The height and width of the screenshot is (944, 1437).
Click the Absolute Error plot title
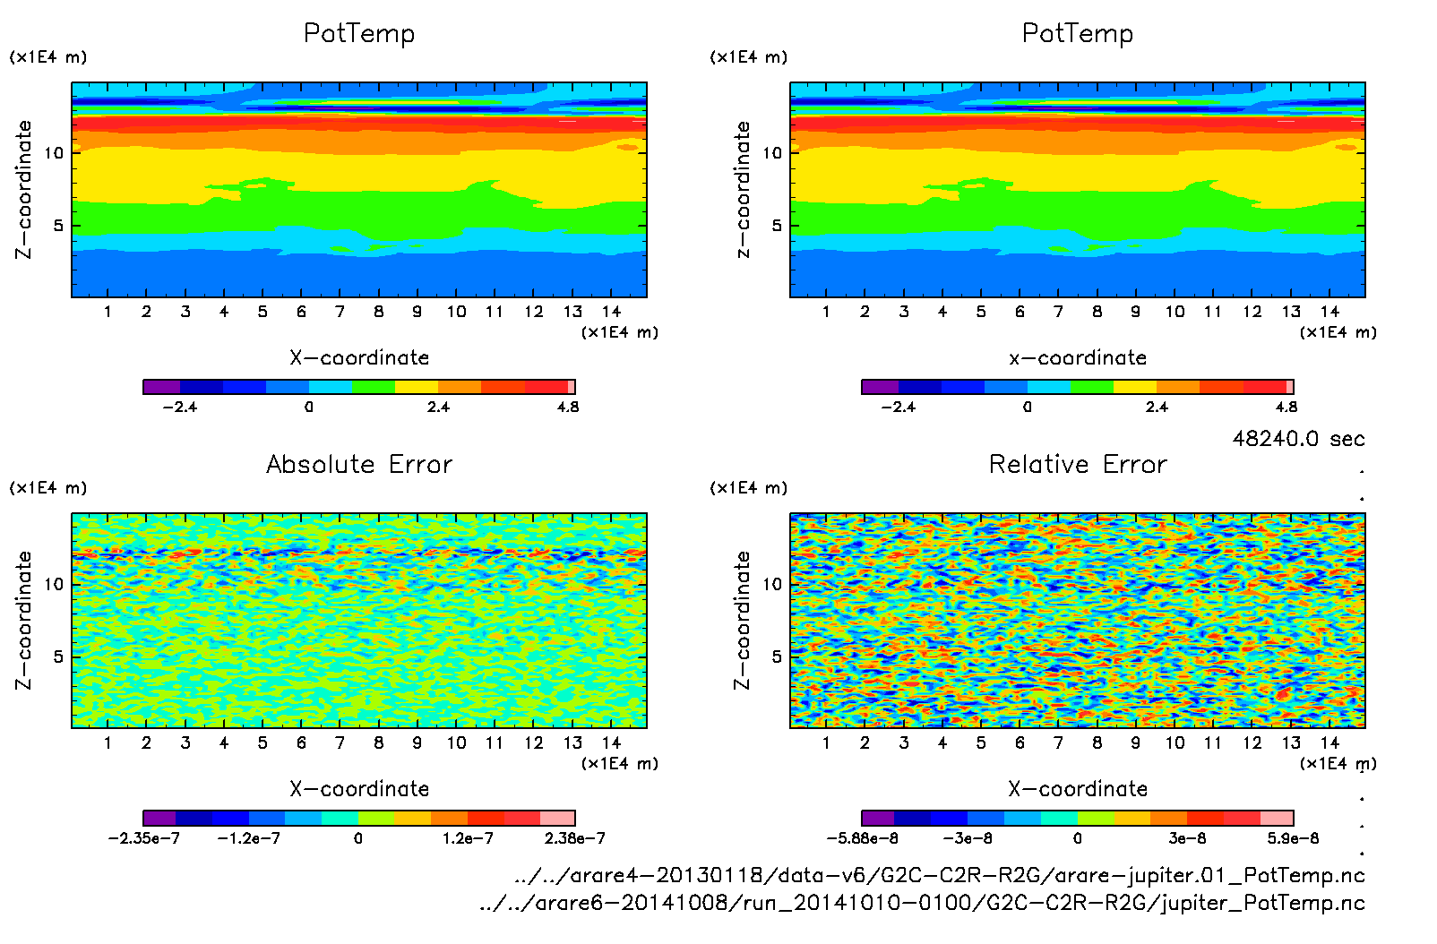point(359,464)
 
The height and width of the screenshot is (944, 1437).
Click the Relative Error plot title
point(1078,464)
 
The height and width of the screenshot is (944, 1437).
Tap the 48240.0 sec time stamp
point(1298,439)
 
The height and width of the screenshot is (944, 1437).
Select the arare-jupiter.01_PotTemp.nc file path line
point(940,875)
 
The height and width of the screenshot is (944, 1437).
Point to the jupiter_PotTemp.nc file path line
point(922,902)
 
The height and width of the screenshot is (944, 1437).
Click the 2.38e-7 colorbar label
point(574,838)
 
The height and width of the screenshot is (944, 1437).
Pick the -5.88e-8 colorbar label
point(862,838)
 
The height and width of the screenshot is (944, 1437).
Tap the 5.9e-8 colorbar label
point(1293,838)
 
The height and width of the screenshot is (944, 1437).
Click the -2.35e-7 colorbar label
point(143,838)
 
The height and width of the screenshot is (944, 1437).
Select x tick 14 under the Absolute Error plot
point(611,742)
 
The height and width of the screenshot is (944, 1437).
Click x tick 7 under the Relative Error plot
point(1058,742)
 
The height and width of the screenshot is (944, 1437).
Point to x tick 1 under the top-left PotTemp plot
point(108,312)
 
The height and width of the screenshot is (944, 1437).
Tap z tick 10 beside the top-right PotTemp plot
point(772,153)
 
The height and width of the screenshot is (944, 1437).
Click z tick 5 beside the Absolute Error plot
point(58,657)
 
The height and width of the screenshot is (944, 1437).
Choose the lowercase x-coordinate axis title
point(1078,357)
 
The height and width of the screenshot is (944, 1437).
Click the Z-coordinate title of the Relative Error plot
point(742,620)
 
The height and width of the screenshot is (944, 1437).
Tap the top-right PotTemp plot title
point(1078,33)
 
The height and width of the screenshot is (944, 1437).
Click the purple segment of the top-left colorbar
point(161,387)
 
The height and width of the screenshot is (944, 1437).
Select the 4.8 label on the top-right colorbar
point(1286,407)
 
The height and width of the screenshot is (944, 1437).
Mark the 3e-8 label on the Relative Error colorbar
point(1187,838)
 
